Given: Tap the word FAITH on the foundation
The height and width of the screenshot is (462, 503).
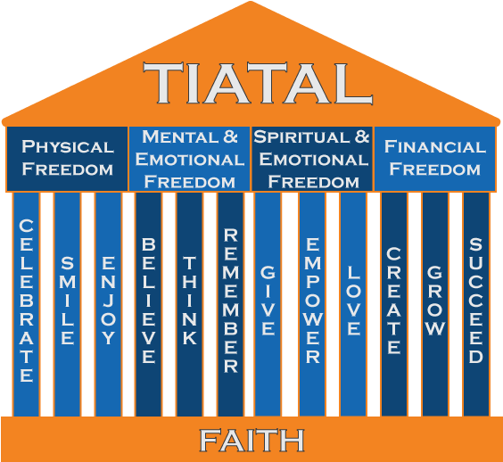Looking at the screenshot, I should point(251,440).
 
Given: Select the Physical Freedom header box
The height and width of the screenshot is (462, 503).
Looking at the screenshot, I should point(68,158).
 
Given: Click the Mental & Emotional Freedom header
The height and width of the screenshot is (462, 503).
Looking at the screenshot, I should point(190,158).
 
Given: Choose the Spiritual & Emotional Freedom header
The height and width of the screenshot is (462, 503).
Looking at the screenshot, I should point(311,158).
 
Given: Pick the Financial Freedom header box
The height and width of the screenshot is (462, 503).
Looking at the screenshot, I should point(435,158).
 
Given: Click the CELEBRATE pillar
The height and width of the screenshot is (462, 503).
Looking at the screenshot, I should point(27,303).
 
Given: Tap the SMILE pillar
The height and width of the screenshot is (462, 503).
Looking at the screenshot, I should point(68,303).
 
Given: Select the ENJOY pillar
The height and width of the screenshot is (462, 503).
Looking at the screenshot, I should point(108,303).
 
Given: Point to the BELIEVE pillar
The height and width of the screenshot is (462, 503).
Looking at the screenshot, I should point(149,303).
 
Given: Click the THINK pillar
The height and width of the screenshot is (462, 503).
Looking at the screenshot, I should point(189,303).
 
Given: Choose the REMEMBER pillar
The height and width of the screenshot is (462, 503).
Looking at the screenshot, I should point(230,303).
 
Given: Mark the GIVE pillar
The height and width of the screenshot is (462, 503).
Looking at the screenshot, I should point(268,303).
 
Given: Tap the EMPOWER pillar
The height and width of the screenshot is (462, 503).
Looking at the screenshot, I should point(312,303).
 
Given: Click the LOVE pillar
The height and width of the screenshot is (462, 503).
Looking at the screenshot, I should point(353,303).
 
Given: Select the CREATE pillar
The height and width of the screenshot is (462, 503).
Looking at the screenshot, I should point(394,303).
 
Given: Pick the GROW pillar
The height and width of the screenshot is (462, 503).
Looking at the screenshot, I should point(435,303).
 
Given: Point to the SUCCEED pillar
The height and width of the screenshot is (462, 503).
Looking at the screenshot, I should point(476,303).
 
